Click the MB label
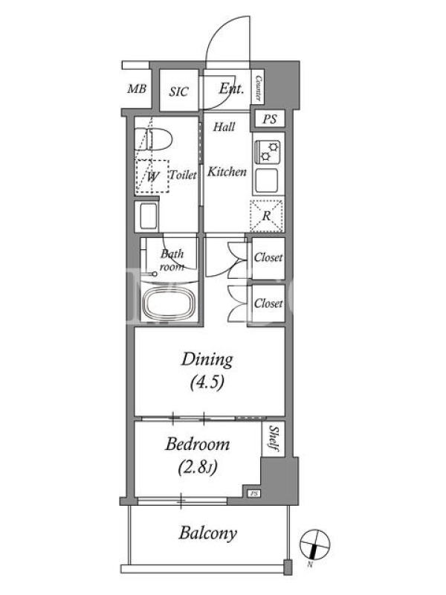click(137, 89)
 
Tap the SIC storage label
click(178, 91)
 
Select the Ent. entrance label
click(231, 89)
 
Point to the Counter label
click(258, 89)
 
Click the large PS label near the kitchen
click(270, 119)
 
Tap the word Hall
click(224, 126)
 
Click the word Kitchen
click(227, 172)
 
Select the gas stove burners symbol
click(268, 152)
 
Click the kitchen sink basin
click(266, 181)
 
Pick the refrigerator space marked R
click(266, 216)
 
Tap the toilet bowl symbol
click(154, 139)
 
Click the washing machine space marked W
click(152, 176)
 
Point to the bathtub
click(169, 304)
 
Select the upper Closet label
click(268, 257)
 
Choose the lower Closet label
click(268, 303)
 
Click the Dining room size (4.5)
click(207, 382)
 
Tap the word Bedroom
click(197, 444)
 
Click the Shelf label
click(274, 438)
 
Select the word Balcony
click(208, 533)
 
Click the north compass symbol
click(314, 544)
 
